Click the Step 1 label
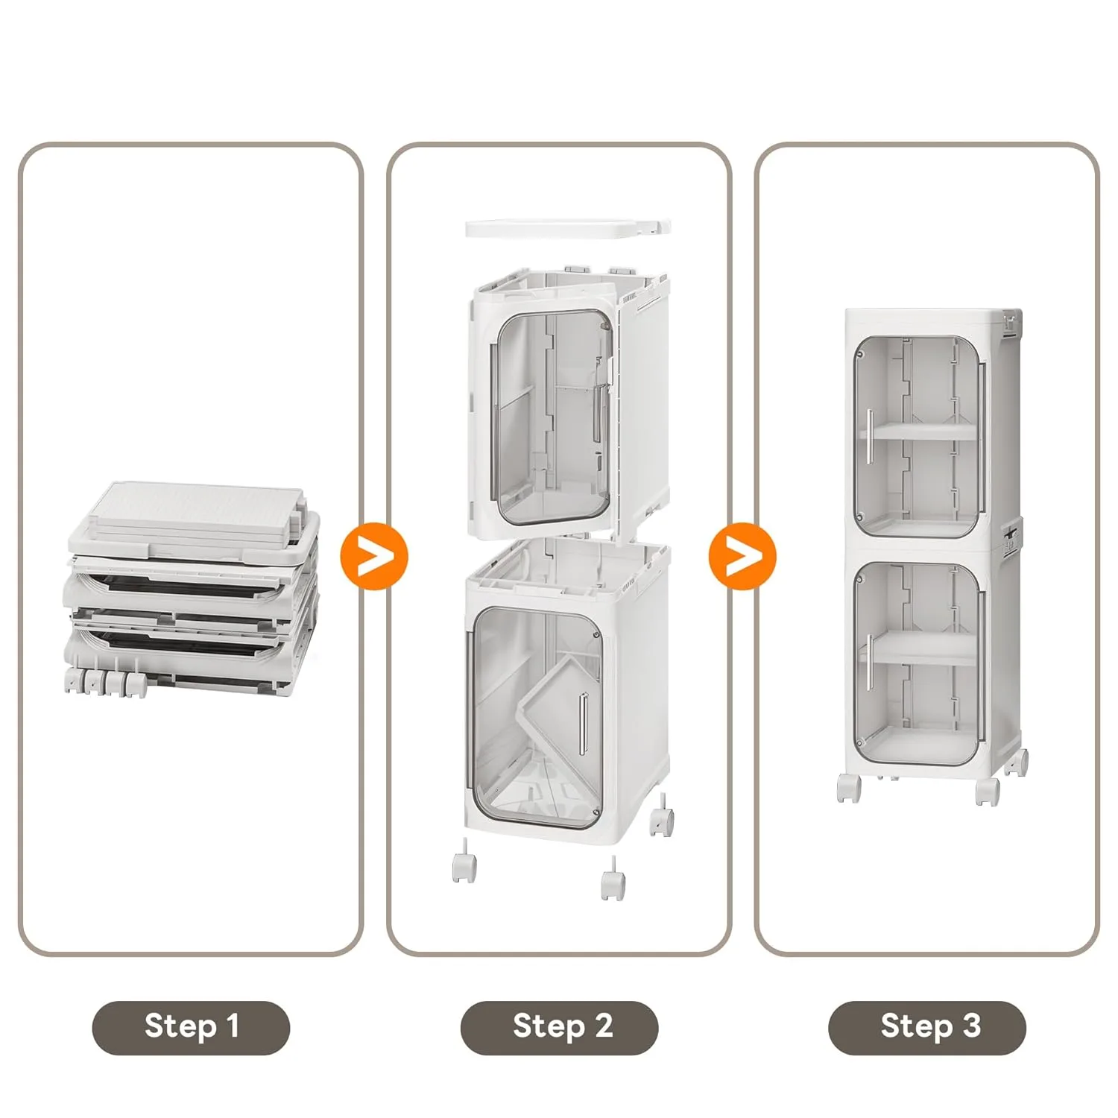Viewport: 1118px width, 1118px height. tap(191, 1027)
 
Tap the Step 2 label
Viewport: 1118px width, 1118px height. tap(559, 1027)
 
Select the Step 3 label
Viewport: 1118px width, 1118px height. tap(927, 1027)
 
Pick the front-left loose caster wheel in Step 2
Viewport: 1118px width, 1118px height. tap(464, 865)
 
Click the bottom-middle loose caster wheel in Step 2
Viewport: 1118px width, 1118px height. tap(613, 882)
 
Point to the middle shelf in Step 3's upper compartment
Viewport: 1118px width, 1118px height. tap(924, 432)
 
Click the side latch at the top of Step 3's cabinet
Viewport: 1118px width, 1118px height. tap(1011, 321)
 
